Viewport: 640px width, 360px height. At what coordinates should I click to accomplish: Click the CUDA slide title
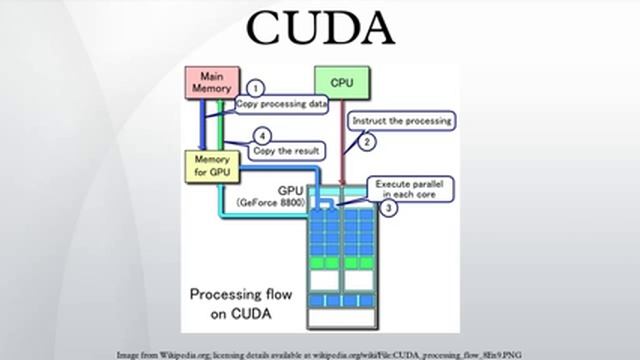click(320, 29)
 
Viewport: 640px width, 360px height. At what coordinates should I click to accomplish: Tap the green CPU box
click(342, 82)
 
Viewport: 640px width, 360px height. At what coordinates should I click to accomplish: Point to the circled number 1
click(255, 89)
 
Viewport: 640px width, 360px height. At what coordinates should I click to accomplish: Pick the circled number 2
click(367, 142)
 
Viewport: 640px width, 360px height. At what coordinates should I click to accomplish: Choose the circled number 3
click(389, 209)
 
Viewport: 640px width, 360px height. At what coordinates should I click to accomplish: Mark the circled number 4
click(263, 136)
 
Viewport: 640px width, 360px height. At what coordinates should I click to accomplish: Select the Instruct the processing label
click(400, 120)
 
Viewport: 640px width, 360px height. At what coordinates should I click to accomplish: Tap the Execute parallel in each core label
click(413, 189)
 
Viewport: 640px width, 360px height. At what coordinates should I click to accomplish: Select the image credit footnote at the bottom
click(320, 354)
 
